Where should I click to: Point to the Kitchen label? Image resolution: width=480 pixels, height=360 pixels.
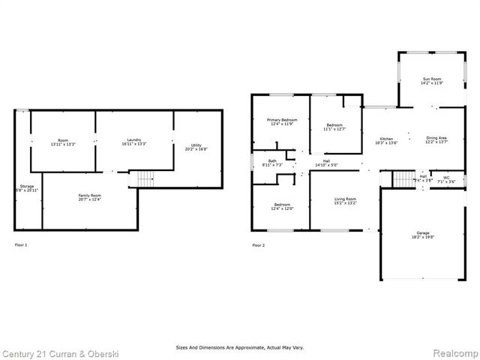386,139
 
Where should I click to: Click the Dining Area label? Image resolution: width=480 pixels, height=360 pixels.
436,138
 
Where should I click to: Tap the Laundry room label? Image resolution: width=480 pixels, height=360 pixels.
133,139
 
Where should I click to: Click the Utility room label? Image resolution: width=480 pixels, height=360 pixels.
196,145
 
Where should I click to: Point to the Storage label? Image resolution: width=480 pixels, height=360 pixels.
27,187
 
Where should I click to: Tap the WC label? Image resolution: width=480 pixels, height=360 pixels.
446,177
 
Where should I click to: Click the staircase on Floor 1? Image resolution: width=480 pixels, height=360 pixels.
144,179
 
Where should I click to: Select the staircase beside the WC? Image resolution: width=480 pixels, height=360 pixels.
404,179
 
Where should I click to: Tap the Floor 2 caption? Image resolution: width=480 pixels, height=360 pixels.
258,245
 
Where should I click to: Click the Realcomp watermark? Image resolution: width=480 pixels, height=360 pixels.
455,352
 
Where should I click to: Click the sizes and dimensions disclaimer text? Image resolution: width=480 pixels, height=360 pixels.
240,347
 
